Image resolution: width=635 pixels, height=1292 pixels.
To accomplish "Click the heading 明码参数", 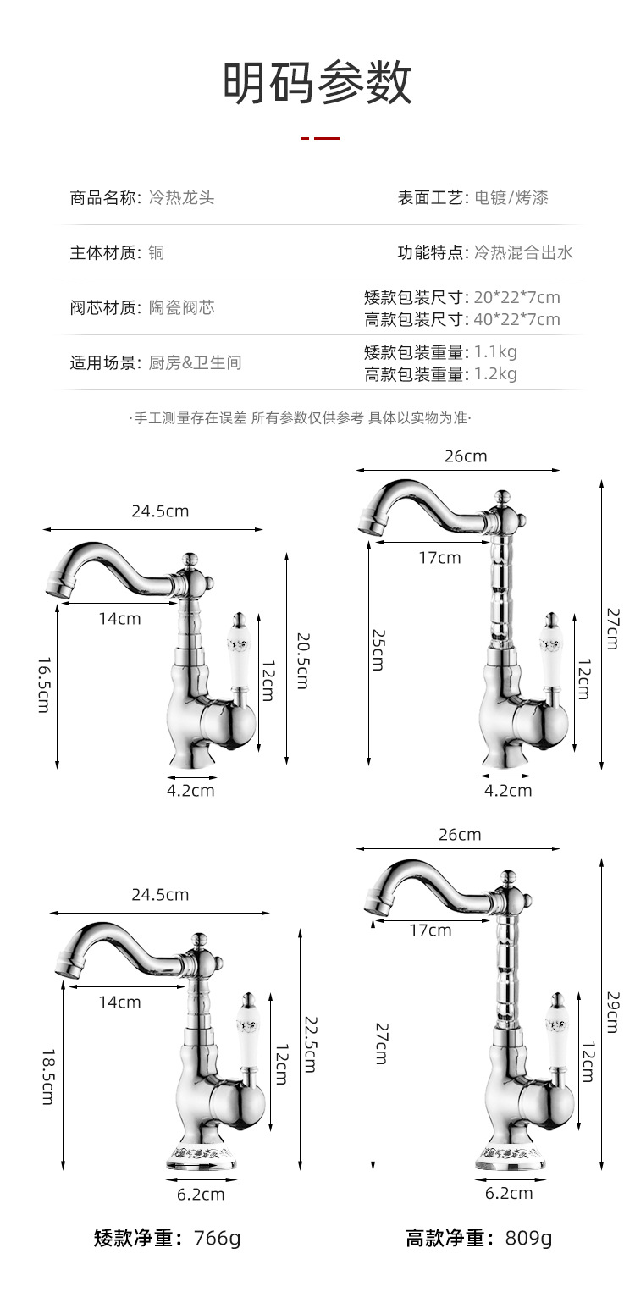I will click(317, 83).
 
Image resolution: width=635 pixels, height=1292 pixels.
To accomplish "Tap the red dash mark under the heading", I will click(320, 138).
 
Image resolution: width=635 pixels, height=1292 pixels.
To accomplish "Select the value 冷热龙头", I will click(181, 198).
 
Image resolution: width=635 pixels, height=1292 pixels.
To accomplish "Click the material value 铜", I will click(157, 252).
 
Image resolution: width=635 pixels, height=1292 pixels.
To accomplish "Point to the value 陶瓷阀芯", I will click(182, 307).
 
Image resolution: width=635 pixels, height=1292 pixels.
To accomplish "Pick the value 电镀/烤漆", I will click(511, 198).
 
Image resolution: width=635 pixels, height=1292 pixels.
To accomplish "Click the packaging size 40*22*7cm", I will click(516, 319).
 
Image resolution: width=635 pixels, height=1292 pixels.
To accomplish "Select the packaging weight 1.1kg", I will click(495, 352).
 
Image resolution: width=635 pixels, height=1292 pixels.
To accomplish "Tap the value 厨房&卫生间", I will click(195, 362).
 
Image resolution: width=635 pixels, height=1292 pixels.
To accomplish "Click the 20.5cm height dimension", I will click(301, 660).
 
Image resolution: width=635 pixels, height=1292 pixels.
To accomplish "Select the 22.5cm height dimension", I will click(309, 1045).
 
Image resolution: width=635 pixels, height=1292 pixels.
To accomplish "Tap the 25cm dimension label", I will click(378, 650).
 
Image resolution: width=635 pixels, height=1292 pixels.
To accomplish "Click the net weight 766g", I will click(218, 1238).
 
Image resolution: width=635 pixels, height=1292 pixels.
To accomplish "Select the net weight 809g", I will click(528, 1238).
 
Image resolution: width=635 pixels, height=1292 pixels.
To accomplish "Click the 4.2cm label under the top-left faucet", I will click(190, 791).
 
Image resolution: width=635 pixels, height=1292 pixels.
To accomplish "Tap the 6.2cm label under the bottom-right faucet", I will click(509, 1193).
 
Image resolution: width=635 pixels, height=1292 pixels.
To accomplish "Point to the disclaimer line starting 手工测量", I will click(301, 417).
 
